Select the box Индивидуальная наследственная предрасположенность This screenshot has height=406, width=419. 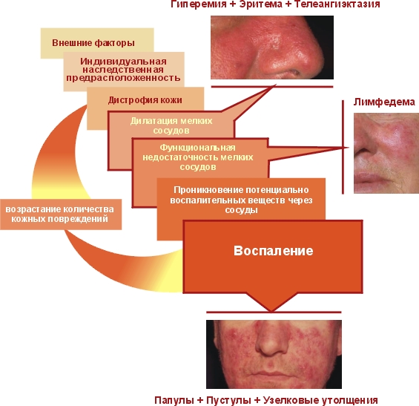point(124,70)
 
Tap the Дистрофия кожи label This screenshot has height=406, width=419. point(145,100)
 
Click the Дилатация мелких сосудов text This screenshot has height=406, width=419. point(171,125)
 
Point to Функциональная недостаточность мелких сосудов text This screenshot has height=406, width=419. point(198,157)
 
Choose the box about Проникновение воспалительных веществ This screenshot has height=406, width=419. point(241,200)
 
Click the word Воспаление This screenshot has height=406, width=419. point(274,251)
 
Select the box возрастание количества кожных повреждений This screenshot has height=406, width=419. point(61,215)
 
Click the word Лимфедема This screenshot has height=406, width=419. point(384,102)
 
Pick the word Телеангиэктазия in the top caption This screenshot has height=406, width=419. point(337,4)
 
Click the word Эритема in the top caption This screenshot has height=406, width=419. point(260,4)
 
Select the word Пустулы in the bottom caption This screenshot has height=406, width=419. point(228,400)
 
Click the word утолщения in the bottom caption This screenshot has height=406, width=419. point(349,400)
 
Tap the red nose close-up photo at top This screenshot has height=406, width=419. point(272,48)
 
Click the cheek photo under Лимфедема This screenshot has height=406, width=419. point(386,153)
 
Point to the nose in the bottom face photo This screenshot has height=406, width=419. point(271,341)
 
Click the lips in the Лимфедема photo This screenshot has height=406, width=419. point(373,179)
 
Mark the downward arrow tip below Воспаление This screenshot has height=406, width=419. point(271,311)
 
